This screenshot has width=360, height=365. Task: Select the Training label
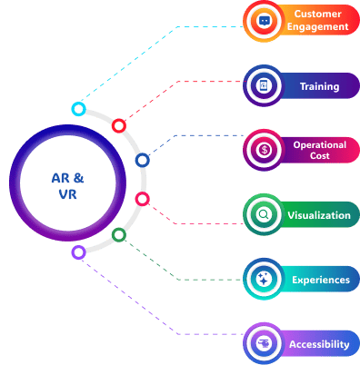pyautogui.click(x=319, y=87)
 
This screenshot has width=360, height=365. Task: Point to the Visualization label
pyautogui.click(x=317, y=215)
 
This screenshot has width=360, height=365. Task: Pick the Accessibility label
pyautogui.click(x=319, y=344)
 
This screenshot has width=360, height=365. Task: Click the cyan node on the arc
pyautogui.click(x=79, y=109)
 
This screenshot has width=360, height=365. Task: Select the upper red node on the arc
pyautogui.click(x=118, y=126)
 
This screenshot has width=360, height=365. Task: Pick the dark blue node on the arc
pyautogui.click(x=142, y=161)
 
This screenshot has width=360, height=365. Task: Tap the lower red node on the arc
pyautogui.click(x=142, y=198)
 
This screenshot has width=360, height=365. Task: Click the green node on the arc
pyautogui.click(x=118, y=235)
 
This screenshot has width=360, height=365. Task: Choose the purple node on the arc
pyautogui.click(x=78, y=252)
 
